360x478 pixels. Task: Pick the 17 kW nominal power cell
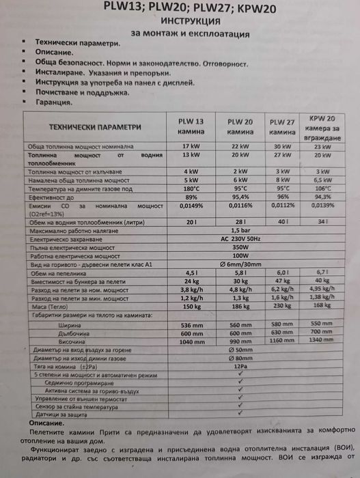pos(191,147)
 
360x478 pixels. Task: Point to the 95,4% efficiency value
pos(240,197)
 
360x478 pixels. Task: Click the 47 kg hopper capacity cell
pos(283,281)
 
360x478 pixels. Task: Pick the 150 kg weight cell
pos(191,307)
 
